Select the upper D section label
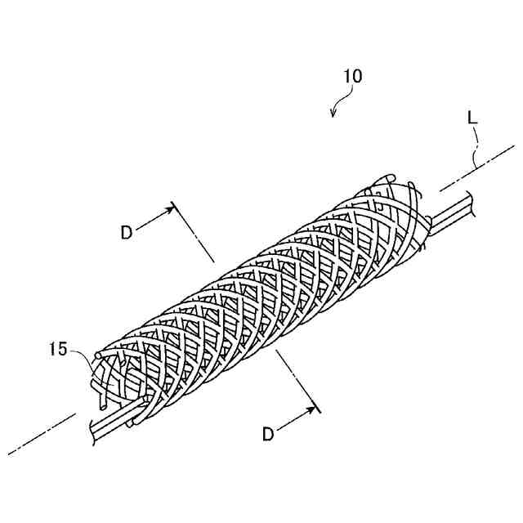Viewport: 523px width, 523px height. click(x=126, y=232)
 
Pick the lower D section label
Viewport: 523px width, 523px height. click(x=268, y=434)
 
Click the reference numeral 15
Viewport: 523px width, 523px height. click(x=57, y=349)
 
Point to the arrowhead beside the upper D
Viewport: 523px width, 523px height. click(x=170, y=208)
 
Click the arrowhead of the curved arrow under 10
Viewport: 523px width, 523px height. click(x=333, y=114)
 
